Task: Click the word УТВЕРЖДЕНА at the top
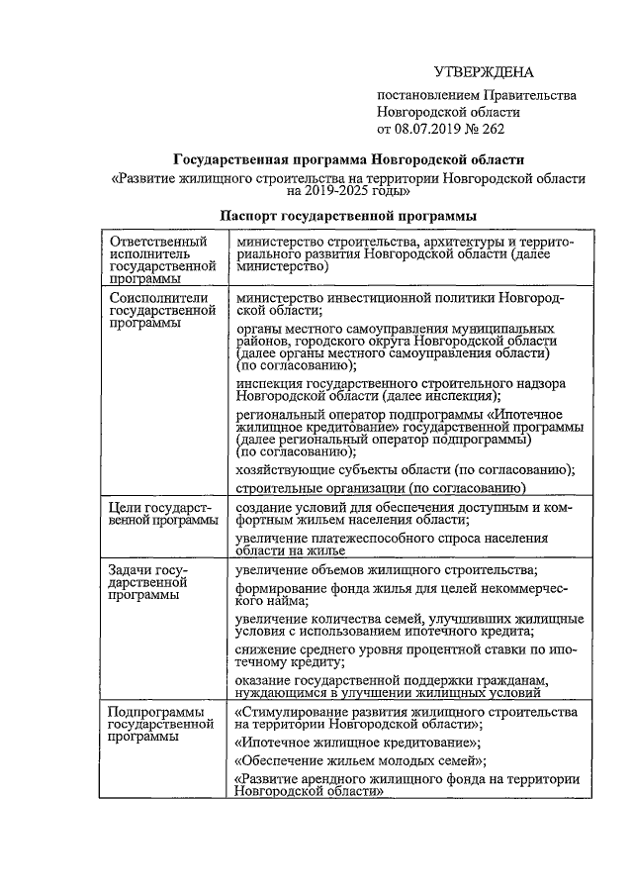[484, 72]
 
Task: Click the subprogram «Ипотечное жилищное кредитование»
[358, 742]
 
